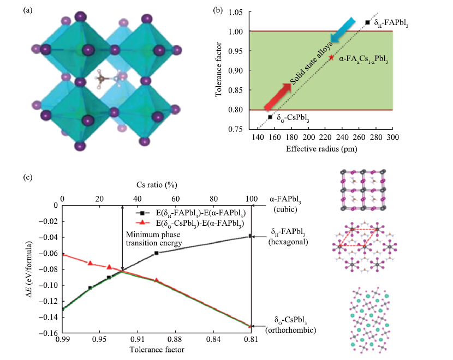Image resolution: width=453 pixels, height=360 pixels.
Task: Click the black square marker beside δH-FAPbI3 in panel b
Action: (367, 22)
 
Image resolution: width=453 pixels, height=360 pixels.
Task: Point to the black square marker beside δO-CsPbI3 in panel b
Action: (270, 117)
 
